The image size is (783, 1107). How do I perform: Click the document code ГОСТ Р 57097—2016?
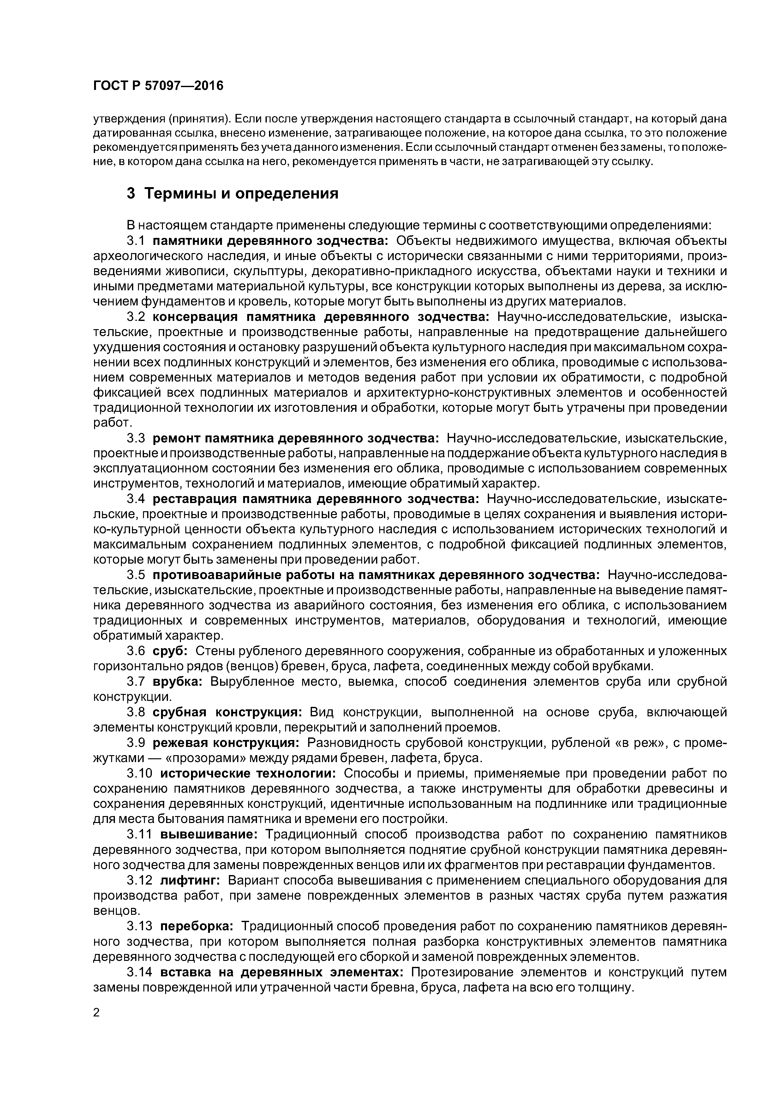click(x=158, y=86)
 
